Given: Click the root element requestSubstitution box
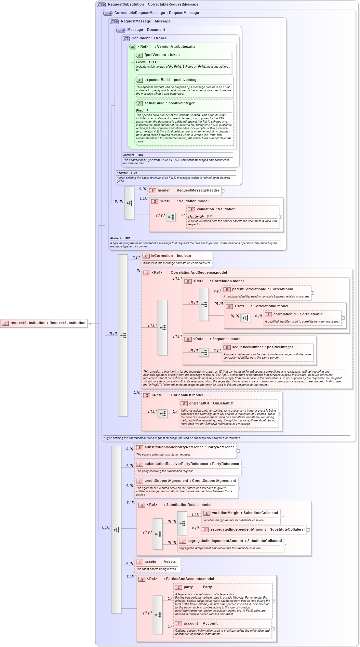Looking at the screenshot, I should [x=44, y=323].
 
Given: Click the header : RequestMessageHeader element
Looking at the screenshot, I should [x=184, y=191].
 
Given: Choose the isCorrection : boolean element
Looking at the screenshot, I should [x=171, y=256].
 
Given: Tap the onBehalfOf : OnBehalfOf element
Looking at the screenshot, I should [x=211, y=403].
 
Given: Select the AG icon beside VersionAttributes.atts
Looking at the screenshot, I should [x=133, y=47].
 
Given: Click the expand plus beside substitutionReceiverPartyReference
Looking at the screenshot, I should [x=243, y=468].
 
